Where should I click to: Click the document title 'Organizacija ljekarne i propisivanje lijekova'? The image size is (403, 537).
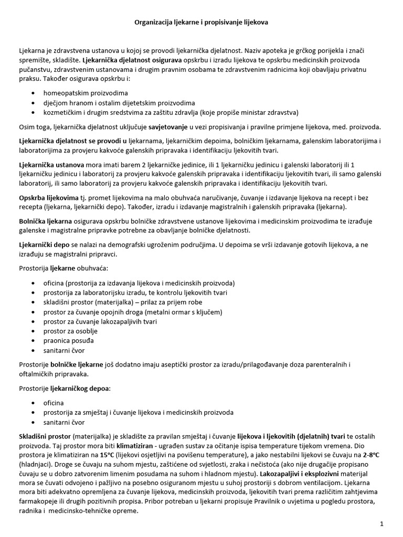(201, 23)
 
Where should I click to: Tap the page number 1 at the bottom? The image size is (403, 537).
(382, 524)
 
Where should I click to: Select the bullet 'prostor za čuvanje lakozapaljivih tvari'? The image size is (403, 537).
(100, 321)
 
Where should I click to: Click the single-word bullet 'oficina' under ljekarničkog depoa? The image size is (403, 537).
(54, 403)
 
